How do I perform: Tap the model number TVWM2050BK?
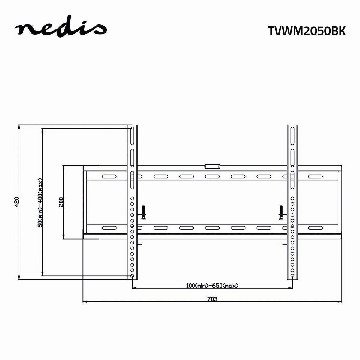(x=306, y=31)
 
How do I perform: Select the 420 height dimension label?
(x=17, y=202)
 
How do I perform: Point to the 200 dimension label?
(x=61, y=202)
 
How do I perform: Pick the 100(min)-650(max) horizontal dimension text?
(x=212, y=286)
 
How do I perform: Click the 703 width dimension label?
(x=212, y=299)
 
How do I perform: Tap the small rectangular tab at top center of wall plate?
(x=212, y=166)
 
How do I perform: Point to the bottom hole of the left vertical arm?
(x=132, y=276)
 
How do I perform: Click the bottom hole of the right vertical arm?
(x=292, y=276)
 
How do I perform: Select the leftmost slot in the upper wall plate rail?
(x=110, y=177)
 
